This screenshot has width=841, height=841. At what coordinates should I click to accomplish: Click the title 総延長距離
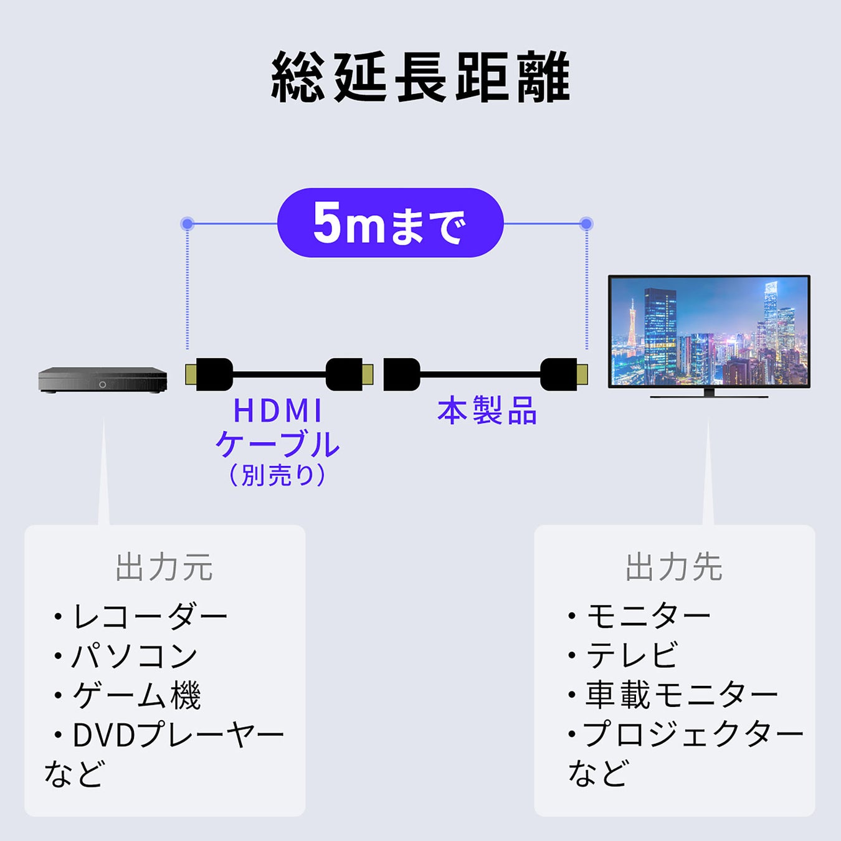pos(420,77)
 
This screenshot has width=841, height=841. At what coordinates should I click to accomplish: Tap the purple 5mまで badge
pos(390,223)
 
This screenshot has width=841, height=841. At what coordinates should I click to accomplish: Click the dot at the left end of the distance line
pos(187,224)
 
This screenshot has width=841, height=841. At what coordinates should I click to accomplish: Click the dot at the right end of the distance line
pos(586,224)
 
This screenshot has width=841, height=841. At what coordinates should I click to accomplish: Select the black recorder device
pos(103,379)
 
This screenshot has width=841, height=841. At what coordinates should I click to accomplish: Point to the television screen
pos(709,331)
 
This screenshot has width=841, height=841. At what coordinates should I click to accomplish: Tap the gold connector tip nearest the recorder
pos(191,374)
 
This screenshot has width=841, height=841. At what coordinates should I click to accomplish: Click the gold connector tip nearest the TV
pos(582,374)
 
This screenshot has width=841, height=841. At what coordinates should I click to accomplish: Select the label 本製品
pos(487,412)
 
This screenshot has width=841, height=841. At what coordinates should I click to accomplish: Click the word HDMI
pos(278,411)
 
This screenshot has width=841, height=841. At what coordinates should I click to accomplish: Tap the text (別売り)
pos(278,476)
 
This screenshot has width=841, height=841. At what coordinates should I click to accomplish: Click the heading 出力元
pos(164,568)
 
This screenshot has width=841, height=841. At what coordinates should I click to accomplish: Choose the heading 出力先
pos(674,568)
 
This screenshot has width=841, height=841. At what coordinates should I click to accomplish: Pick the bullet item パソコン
pos(135,656)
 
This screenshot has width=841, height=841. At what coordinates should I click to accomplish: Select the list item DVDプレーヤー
pos(178,735)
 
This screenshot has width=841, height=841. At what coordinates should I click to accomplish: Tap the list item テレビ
pos(632,655)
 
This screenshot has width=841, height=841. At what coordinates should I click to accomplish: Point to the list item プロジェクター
pos(693,734)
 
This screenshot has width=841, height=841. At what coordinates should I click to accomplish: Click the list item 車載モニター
pos(682,695)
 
